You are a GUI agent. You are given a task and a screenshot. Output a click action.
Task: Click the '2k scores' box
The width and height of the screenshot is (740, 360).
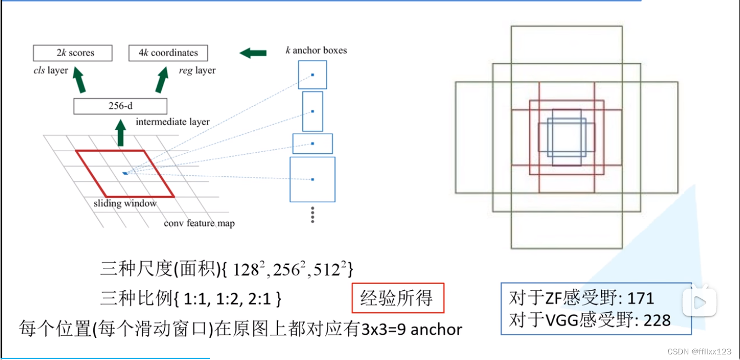[x=72, y=53]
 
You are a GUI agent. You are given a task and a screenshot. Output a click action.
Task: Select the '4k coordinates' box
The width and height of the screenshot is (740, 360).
[x=168, y=53]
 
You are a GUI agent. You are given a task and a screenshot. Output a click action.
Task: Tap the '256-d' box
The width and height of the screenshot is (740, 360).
[x=120, y=106]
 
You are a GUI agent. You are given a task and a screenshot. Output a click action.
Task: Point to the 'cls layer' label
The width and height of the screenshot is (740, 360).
[x=51, y=71]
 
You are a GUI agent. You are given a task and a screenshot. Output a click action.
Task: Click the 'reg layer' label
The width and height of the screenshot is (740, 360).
[x=197, y=71]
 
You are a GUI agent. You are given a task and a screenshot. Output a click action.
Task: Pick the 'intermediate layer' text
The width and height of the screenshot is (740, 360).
[x=172, y=122]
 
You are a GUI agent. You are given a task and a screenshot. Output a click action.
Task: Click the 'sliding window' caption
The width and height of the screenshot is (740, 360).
[x=125, y=203]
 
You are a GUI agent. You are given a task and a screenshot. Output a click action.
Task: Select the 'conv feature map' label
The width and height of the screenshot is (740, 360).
[x=199, y=224]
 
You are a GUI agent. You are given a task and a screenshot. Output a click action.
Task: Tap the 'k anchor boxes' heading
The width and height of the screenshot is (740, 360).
[x=316, y=51]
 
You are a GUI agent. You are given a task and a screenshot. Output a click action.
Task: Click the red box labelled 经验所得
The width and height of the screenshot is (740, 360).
[x=398, y=298]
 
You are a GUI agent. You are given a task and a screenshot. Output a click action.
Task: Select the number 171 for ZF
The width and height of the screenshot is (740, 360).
[x=641, y=298]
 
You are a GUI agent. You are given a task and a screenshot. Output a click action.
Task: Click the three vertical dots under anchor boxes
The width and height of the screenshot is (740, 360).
[x=312, y=215]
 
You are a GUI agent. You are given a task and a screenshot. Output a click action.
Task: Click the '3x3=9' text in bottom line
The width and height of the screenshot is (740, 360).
[x=383, y=329]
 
